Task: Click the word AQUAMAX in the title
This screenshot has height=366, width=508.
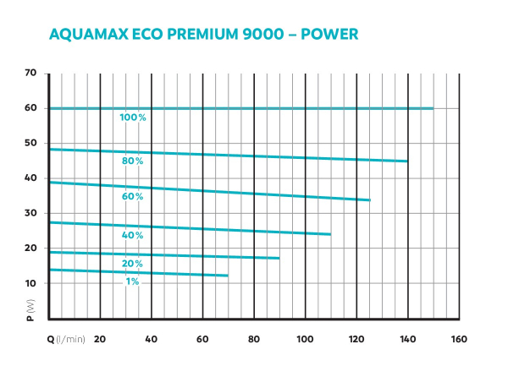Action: pyautogui.click(x=88, y=35)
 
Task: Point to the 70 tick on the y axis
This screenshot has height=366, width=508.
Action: pyautogui.click(x=31, y=74)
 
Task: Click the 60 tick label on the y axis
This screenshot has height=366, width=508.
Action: pyautogui.click(x=31, y=108)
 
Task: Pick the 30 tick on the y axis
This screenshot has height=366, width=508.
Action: pyautogui.click(x=31, y=213)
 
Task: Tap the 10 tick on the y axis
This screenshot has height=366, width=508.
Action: pyautogui.click(x=31, y=283)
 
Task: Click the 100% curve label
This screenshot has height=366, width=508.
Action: pyautogui.click(x=133, y=117)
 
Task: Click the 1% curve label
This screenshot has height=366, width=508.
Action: pyautogui.click(x=133, y=281)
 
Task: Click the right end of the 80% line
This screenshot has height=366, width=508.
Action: pyautogui.click(x=407, y=161)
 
